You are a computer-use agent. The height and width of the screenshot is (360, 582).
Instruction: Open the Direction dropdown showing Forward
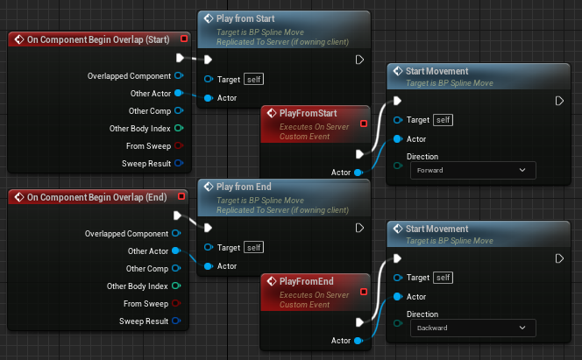(472, 170)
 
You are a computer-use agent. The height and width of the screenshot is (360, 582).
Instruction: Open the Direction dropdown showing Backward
(472, 327)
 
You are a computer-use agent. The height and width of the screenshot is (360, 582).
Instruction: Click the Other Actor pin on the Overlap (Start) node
(179, 93)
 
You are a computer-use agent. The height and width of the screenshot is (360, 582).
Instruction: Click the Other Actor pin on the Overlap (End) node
(176, 251)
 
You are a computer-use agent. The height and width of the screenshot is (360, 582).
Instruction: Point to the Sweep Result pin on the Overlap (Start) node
(179, 163)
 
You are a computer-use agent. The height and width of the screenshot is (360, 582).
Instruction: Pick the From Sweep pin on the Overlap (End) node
(176, 304)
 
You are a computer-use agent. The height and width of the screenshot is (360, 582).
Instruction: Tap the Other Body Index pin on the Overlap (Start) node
(179, 128)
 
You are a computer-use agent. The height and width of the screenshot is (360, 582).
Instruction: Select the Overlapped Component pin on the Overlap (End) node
(176, 234)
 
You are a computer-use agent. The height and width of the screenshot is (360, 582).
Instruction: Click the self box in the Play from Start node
(253, 80)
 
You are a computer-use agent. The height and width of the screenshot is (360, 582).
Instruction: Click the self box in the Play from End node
(253, 248)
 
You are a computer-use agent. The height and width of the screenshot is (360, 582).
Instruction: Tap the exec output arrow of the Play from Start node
(359, 60)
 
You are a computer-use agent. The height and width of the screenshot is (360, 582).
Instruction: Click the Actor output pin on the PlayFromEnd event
(358, 340)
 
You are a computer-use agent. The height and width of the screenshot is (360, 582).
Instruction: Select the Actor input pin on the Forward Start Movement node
(398, 138)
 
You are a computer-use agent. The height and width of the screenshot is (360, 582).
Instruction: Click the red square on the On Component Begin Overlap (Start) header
(182, 39)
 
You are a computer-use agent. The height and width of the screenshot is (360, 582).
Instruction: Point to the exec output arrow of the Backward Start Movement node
(559, 258)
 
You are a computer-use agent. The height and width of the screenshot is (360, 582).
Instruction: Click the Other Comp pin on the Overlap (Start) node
(179, 110)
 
